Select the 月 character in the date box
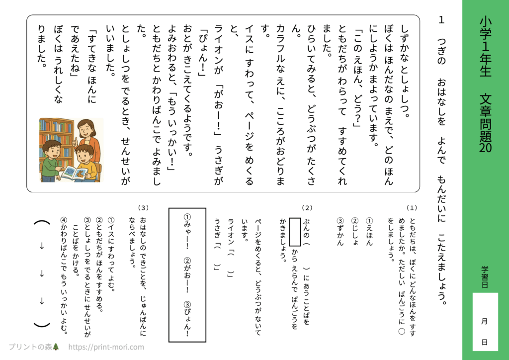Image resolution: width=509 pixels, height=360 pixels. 485,321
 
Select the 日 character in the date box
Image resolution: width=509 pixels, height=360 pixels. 485,343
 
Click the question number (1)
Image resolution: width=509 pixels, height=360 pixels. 412,207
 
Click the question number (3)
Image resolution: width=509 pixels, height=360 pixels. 144,207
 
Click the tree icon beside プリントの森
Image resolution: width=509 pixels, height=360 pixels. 56,347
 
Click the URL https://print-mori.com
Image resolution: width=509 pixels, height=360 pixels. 106,347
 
